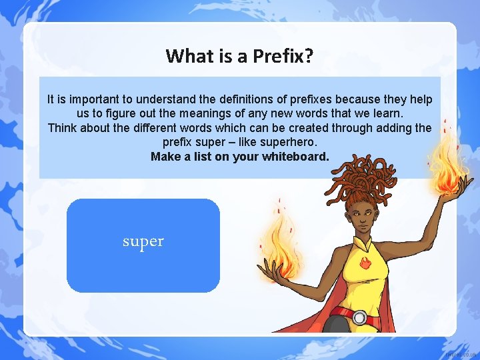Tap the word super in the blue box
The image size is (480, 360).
pos(143,241)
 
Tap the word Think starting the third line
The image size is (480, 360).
pos(63,128)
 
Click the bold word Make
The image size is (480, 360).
pos(165,157)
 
